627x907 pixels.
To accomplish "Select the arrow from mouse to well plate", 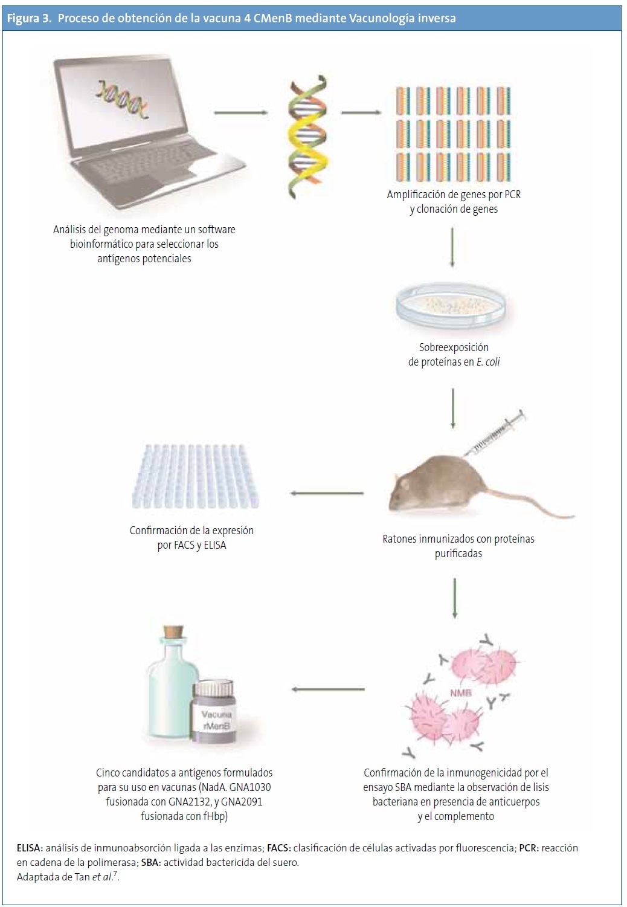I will click(327, 493).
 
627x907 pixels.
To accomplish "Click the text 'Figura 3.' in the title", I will click(28, 18).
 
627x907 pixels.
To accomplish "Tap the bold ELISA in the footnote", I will click(30, 848).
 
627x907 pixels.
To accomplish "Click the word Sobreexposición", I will click(454, 347).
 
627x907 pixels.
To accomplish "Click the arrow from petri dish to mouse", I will click(453, 408).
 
